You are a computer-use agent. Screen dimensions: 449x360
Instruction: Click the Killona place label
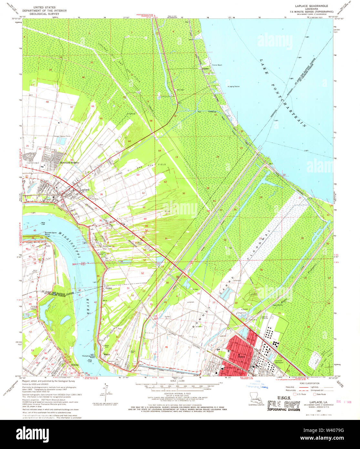(75, 365)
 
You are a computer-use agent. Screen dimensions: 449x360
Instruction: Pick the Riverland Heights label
(70, 162)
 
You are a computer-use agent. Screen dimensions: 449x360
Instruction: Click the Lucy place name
(49, 246)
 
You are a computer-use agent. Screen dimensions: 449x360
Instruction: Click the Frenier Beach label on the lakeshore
(217, 65)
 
